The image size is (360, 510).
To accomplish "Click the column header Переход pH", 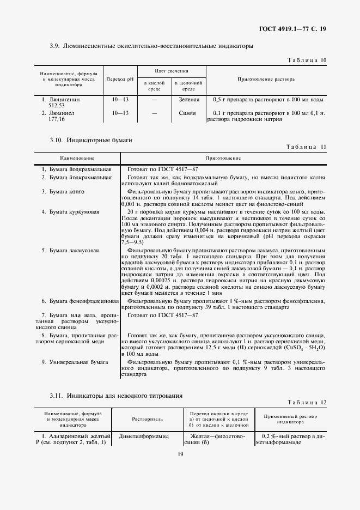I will point(119,80).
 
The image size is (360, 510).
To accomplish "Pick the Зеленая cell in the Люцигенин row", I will point(188,100).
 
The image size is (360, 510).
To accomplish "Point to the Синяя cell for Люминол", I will point(187,113).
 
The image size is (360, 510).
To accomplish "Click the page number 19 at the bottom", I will point(180,453).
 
